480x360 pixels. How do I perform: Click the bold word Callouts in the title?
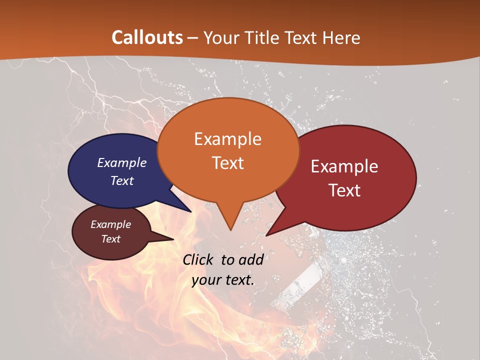coord(147,37)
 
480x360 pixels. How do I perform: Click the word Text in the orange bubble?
coord(227,163)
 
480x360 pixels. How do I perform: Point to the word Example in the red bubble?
coord(344,166)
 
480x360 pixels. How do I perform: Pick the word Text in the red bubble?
coord(345,190)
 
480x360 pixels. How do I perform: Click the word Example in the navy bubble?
coord(122,162)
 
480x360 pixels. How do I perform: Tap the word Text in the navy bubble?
coord(122,180)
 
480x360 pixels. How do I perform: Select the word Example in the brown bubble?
coord(110,224)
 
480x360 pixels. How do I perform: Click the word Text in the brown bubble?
coord(110,239)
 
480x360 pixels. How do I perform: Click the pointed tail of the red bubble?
coord(267,235)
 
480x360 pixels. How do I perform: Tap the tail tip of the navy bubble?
coord(190,211)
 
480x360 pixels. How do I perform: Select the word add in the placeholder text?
coord(250,259)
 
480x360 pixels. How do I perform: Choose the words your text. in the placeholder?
coord(223,280)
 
